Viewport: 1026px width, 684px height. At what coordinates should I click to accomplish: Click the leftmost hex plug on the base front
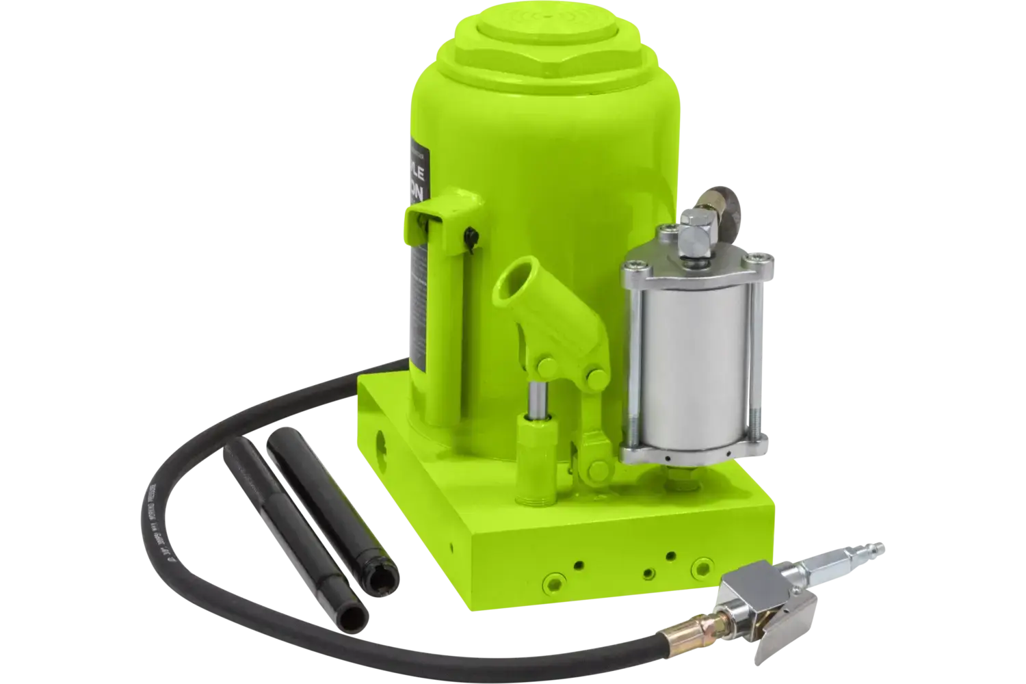coord(547,581)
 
